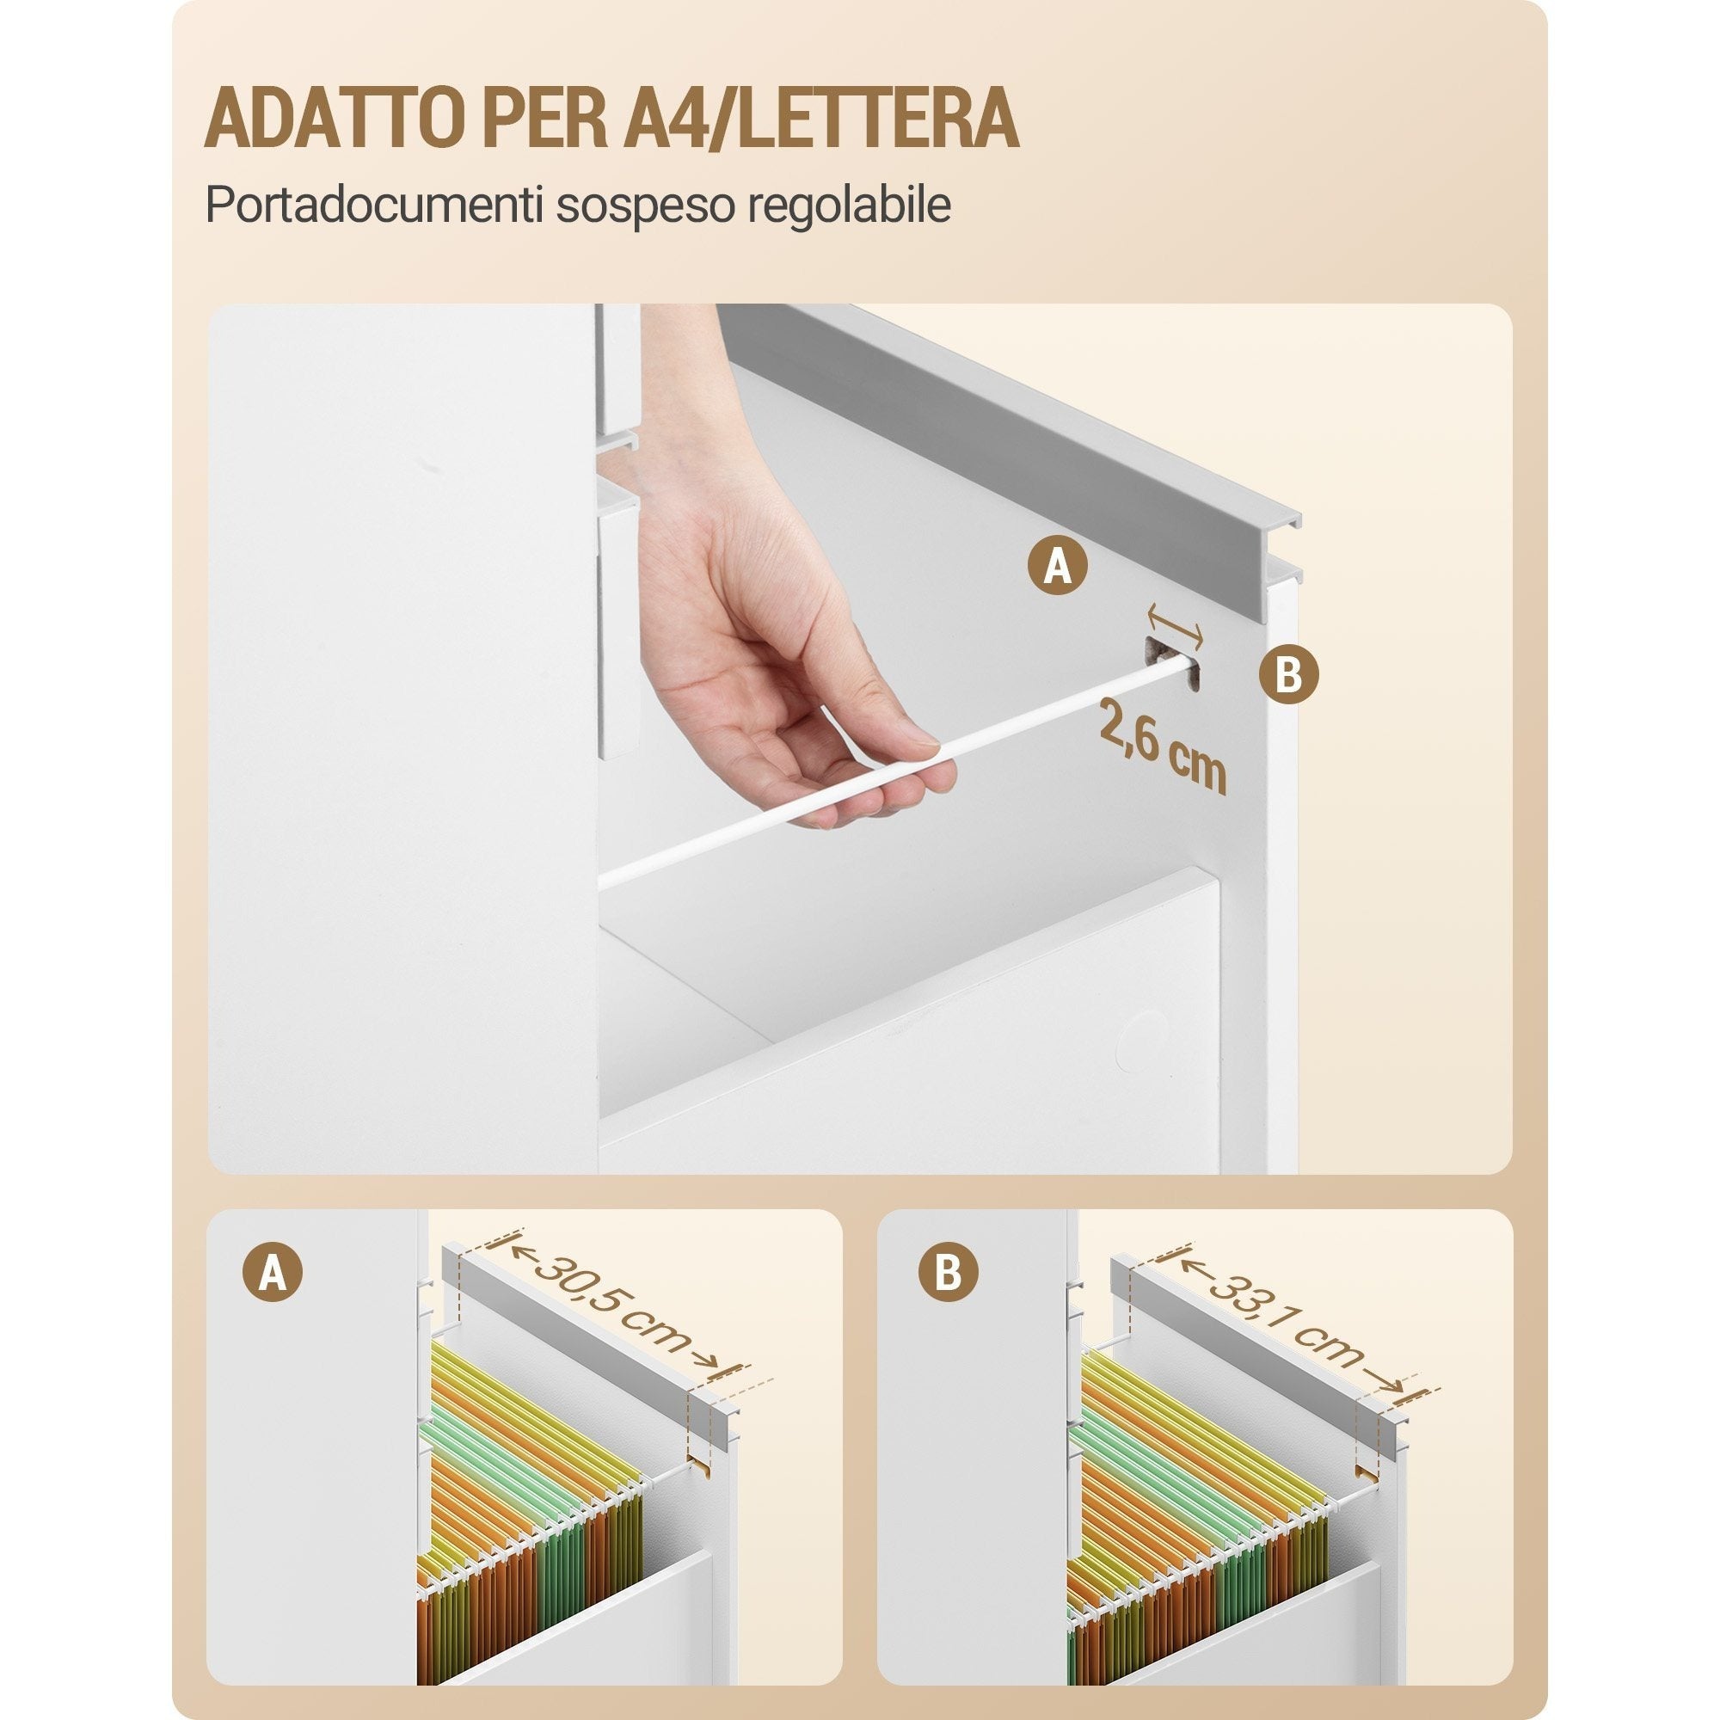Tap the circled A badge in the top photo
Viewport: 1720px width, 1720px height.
(x=1057, y=564)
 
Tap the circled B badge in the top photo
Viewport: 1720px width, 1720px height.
(x=1288, y=674)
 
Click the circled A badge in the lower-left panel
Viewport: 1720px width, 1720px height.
(x=273, y=1274)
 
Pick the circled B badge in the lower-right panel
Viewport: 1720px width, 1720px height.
(x=949, y=1274)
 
